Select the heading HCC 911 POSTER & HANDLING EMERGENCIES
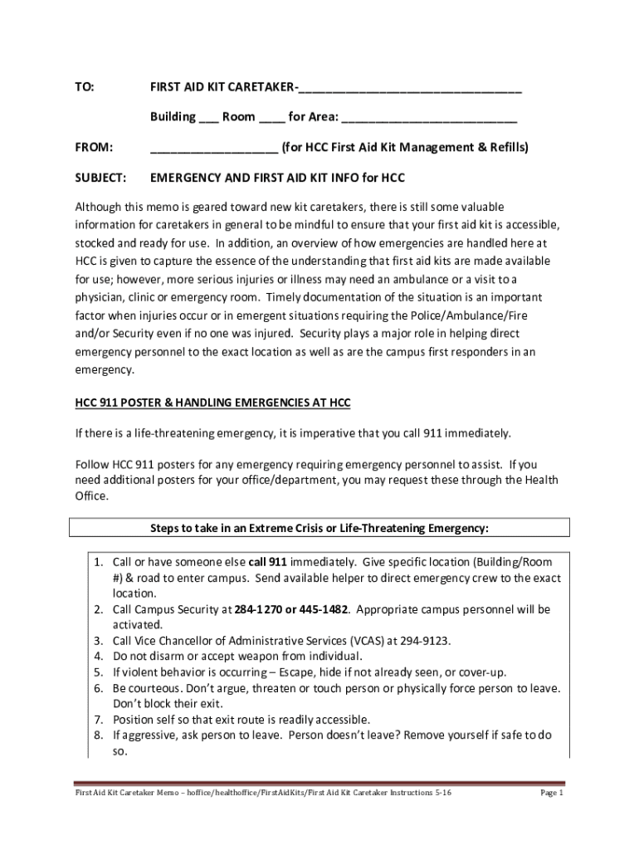click(212, 403)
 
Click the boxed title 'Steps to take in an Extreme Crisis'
click(319, 528)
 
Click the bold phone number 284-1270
click(258, 609)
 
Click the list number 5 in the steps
click(97, 672)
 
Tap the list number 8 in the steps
click(97, 735)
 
